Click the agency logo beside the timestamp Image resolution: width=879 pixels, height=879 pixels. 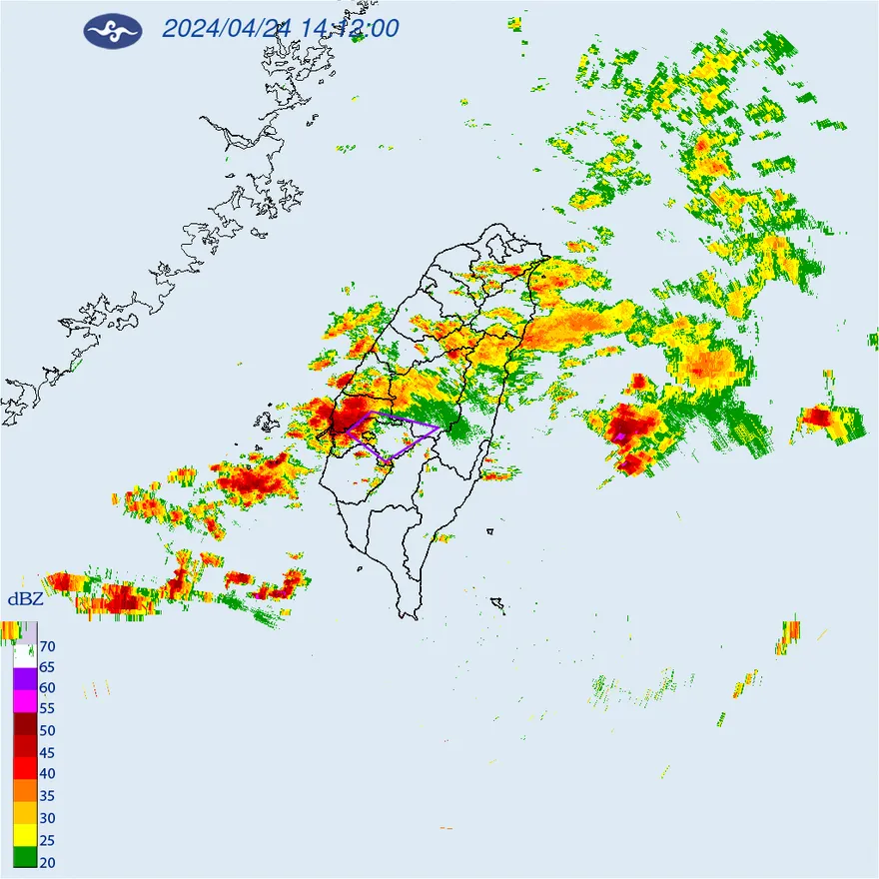tap(113, 31)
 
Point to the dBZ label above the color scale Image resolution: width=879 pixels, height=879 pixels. tap(25, 599)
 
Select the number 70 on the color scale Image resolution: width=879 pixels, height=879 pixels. tap(47, 645)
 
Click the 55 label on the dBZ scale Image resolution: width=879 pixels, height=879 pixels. tap(47, 708)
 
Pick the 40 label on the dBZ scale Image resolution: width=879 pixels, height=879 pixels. tap(47, 773)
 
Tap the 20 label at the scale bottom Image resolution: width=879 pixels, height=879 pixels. tap(47, 861)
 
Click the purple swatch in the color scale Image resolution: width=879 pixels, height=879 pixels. tap(25, 677)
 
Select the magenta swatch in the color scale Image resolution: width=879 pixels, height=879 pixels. tap(25, 699)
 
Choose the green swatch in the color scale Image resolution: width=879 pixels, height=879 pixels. tap(25, 856)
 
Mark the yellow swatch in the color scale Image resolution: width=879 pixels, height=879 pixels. tap(25, 834)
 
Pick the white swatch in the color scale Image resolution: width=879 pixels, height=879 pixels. tap(25, 655)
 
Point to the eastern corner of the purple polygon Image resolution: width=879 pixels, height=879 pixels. tap(439, 428)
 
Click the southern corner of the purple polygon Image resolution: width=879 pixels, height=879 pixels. tap(388, 458)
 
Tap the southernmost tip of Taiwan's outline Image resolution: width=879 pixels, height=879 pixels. tap(407, 618)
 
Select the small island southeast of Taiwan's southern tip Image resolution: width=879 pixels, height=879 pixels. tap(497, 603)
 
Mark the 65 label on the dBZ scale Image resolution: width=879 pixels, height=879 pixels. tap(47, 666)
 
